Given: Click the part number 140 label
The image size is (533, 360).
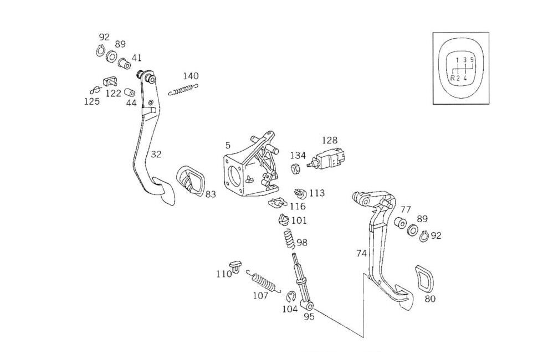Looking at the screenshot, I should coord(191,76).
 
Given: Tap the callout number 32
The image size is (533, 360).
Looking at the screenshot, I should coord(156,155).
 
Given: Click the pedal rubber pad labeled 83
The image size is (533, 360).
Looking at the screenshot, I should coord(189,180).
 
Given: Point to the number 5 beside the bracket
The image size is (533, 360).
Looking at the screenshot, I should coord(228,145).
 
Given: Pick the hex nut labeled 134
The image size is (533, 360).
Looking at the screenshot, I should coord(296,168).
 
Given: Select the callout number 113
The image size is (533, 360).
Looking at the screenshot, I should coord(317,193).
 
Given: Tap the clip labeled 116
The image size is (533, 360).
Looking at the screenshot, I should coord(276,203).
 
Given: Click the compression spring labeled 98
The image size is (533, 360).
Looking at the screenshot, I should coord(288,239).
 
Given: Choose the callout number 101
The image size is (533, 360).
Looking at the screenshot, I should coord(299,220).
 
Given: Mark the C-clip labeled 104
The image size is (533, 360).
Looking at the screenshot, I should coord(290,296).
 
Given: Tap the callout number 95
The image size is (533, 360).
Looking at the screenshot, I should coord(309,317).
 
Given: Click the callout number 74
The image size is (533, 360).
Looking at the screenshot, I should coord(361,253).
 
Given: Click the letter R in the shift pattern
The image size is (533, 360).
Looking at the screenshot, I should coord(452,78).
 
